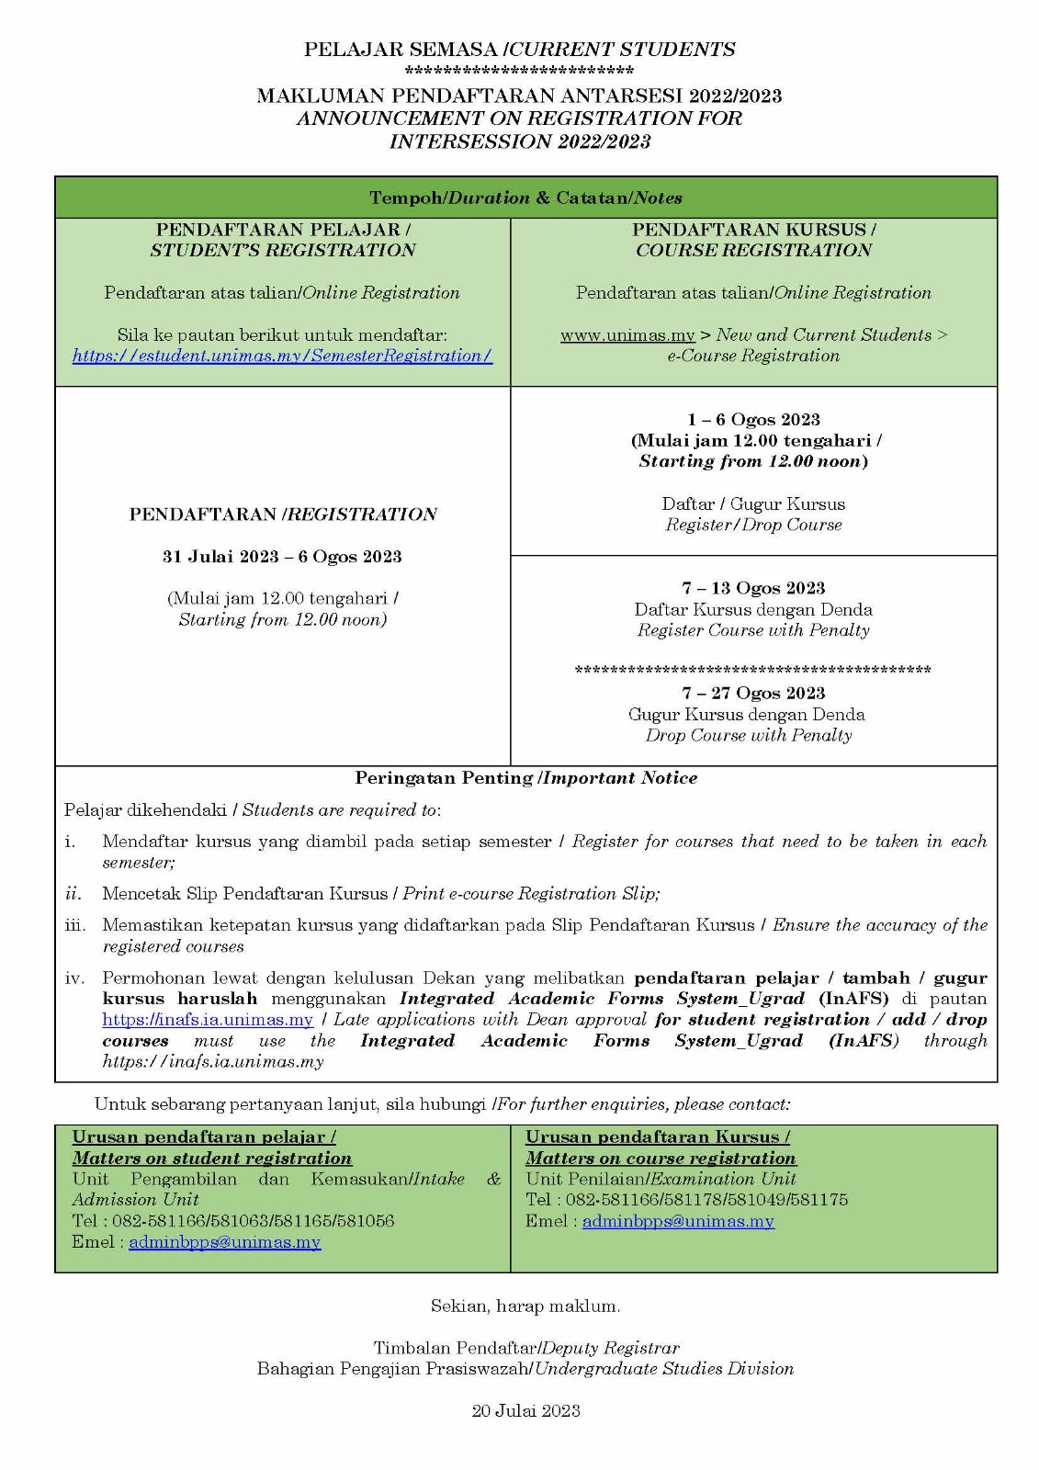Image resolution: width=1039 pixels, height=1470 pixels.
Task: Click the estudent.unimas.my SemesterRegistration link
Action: pos(282,356)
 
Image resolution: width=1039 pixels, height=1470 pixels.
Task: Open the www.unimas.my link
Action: pos(627,335)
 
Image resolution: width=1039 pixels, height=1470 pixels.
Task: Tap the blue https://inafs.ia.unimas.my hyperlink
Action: pos(208,1020)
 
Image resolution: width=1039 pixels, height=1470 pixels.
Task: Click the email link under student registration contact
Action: pos(224,1242)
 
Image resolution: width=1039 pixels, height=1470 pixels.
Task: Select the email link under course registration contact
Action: pos(678,1221)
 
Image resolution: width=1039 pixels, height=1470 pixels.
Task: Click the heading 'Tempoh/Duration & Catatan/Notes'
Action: pos(525,198)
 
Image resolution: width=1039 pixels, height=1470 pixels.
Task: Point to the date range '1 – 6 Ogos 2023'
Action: pos(753,420)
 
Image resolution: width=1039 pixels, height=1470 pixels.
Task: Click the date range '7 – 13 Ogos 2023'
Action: pos(753,588)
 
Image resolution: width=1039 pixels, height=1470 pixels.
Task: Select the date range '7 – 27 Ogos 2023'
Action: pos(753,693)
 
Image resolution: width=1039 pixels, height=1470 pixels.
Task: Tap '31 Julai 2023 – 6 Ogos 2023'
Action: pos(282,557)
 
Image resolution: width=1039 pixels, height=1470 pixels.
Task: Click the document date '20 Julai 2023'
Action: pos(525,1411)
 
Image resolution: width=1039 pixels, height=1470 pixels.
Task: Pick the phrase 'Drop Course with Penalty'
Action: pos(748,735)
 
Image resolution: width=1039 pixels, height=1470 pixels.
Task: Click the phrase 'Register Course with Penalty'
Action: pos(753,630)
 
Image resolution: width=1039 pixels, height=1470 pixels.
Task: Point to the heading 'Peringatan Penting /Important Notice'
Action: pos(525,778)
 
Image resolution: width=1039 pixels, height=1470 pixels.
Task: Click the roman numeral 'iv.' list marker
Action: pos(74,978)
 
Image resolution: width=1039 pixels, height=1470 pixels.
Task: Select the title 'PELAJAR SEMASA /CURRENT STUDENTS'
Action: pos(519,50)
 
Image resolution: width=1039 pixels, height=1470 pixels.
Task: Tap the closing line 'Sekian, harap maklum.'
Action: pos(525,1306)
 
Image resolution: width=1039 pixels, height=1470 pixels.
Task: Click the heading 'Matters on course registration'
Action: pos(661,1159)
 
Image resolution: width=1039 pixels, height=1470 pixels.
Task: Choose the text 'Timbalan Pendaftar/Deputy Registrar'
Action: pos(525,1348)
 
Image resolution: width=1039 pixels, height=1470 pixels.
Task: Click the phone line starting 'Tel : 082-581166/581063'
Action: pos(233,1221)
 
